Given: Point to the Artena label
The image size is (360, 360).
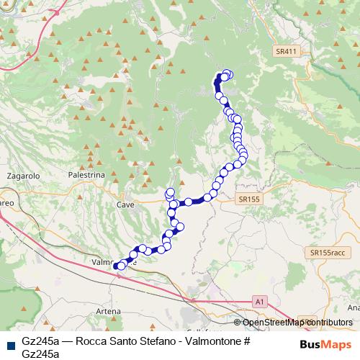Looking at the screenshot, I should pyautogui.click(x=108, y=310).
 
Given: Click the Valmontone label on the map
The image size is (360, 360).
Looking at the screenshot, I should pyautogui.click(x=108, y=263).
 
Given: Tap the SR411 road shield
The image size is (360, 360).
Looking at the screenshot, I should pyautogui.click(x=286, y=52).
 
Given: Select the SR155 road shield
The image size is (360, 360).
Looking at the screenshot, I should pyautogui.click(x=249, y=198).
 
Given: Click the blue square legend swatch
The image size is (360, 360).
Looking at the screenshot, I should pyautogui.click(x=9, y=343).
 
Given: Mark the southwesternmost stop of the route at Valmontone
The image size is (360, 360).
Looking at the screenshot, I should pyautogui.click(x=118, y=266).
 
